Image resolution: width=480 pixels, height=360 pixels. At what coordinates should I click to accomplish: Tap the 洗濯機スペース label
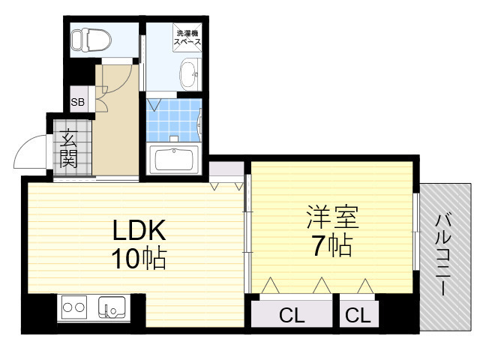pos(187,38)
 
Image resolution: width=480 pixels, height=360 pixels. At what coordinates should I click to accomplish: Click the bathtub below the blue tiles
pos(173,159)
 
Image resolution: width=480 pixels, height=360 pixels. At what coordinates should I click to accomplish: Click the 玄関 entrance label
pos(69,148)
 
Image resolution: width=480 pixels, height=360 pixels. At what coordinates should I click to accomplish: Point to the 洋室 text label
pos(331,217)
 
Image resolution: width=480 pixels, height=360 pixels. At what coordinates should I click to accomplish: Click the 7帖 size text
pos(331,245)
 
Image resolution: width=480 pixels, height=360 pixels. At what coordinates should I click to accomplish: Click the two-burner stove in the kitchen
pos(74,307)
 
